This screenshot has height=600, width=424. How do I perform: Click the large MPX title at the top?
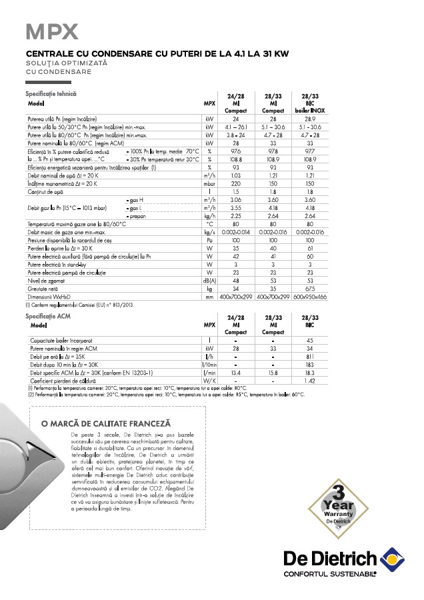pyautogui.click(x=51, y=31)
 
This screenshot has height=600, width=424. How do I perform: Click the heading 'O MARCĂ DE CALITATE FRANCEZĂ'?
pyautogui.click(x=106, y=423)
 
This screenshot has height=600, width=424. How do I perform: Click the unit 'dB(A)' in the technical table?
pyautogui.click(x=209, y=281)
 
